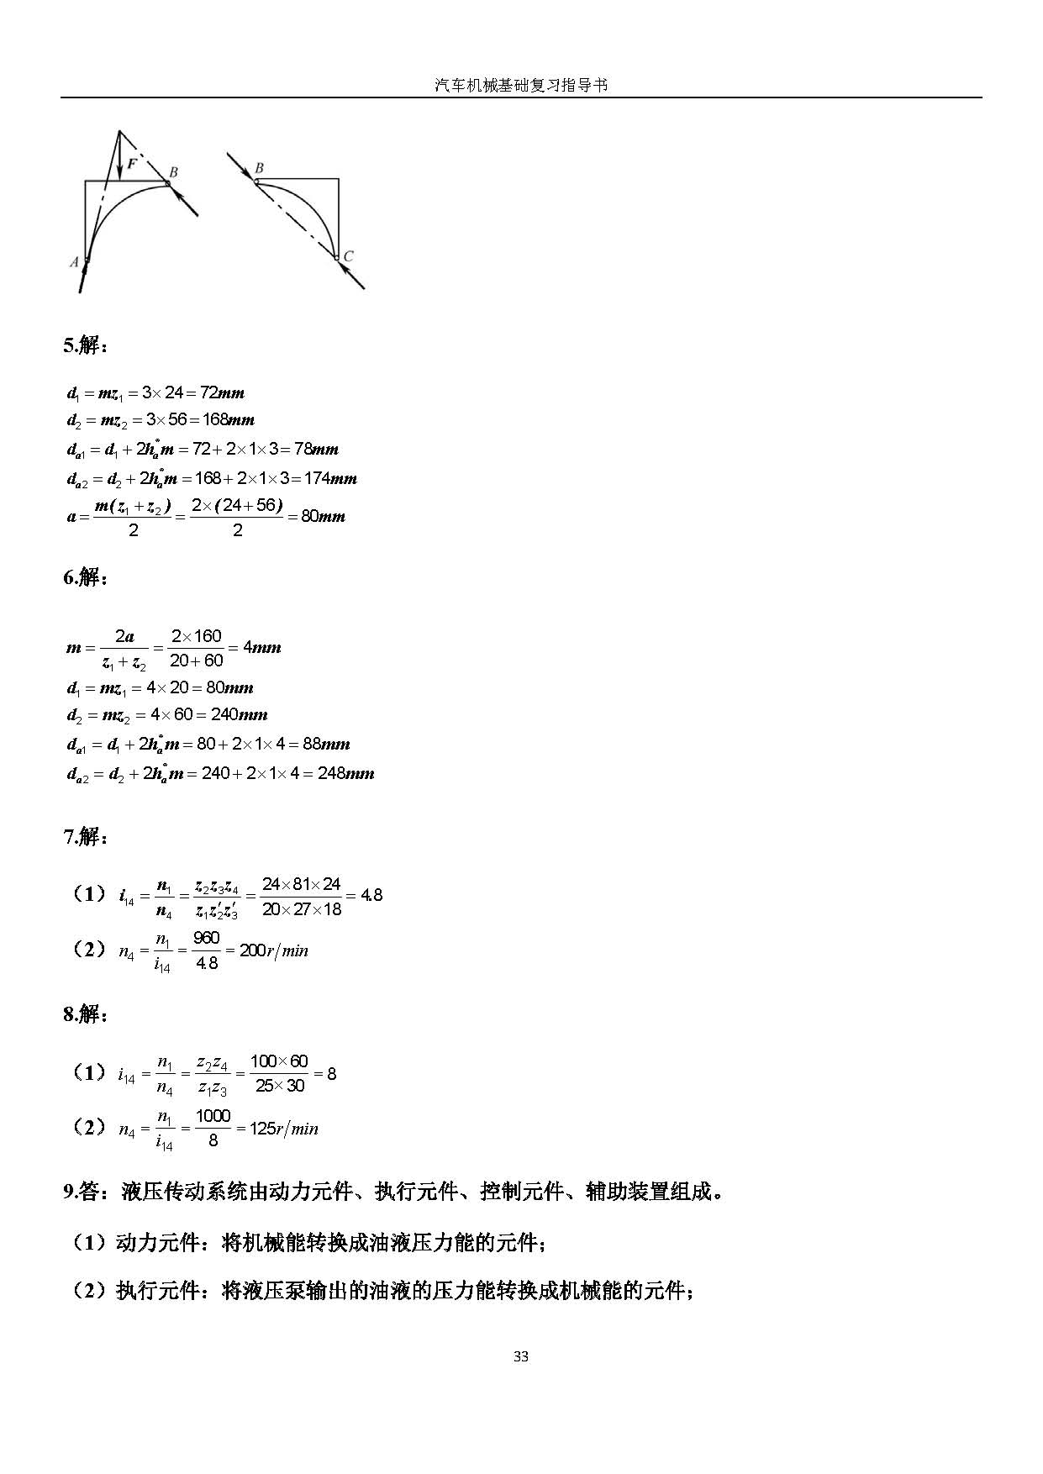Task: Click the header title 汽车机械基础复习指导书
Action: point(521,85)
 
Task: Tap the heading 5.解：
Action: point(86,345)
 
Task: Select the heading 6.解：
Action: point(86,577)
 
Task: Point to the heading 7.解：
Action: point(86,837)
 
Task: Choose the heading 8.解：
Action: point(86,1014)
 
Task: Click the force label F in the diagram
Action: point(132,164)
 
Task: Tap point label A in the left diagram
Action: point(74,262)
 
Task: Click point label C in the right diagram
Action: point(349,256)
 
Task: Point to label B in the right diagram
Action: point(259,168)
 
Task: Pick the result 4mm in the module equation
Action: point(261,648)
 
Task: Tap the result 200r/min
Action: point(274,951)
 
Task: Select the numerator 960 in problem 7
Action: point(206,938)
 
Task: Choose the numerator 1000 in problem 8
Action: point(213,1116)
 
